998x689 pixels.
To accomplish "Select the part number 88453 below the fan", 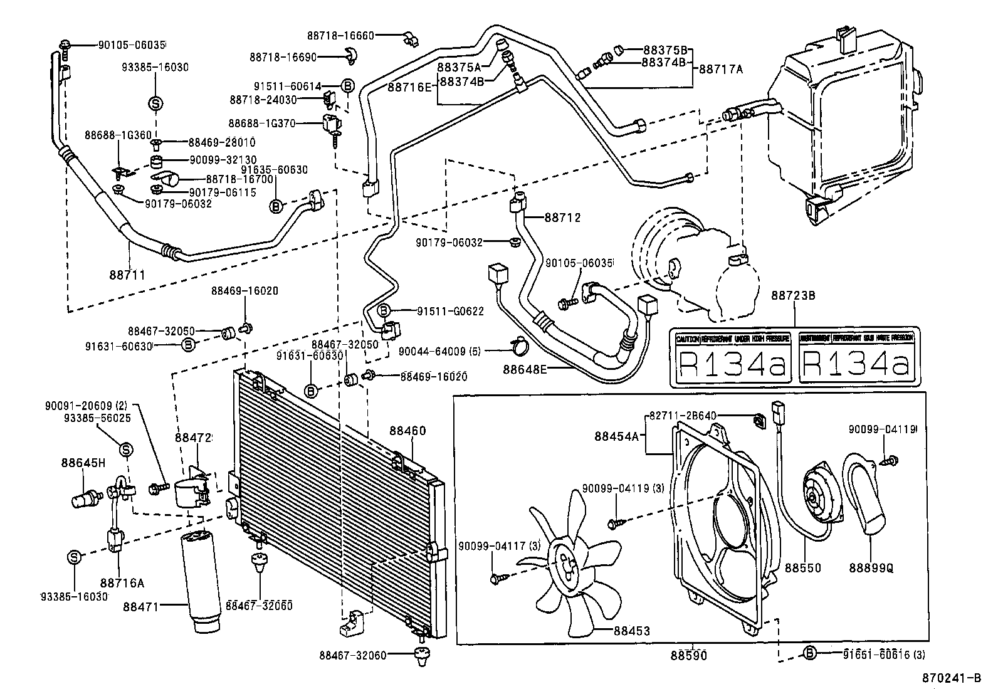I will [631, 631].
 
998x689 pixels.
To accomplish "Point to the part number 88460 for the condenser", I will [407, 431].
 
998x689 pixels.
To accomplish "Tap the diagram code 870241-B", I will [951, 678].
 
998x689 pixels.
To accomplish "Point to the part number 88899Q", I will [871, 568].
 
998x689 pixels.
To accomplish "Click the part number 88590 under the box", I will [688, 656].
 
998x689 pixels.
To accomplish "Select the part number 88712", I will [562, 218].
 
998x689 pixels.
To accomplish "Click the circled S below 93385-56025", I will [126, 449].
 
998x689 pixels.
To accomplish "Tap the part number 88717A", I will [721, 69].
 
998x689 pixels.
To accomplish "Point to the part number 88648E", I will [525, 369].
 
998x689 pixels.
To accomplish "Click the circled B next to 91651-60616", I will [810, 653].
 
